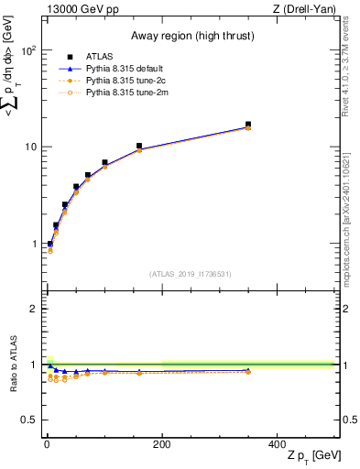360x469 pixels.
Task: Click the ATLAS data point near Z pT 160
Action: tap(139, 146)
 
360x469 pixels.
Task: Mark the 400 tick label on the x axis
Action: tap(277, 445)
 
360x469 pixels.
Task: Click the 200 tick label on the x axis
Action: tap(162, 445)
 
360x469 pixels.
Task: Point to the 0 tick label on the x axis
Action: tap(47, 445)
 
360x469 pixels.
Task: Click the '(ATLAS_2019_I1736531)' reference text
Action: tap(190, 273)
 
